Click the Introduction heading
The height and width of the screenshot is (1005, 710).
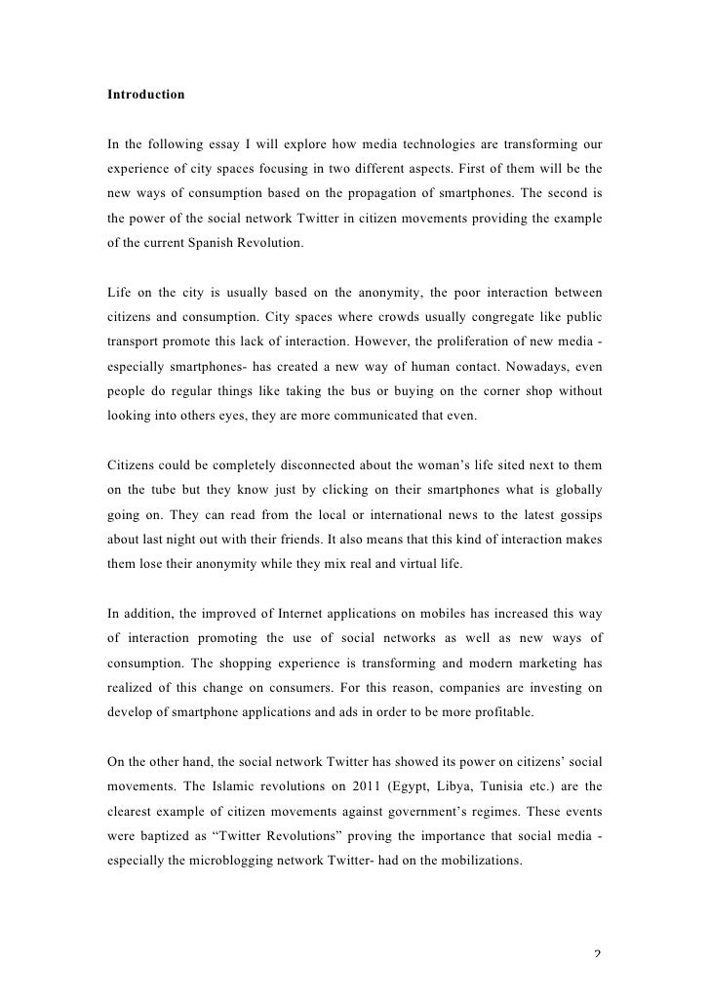[x=145, y=95]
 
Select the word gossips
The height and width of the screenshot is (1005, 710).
[x=576, y=516]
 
